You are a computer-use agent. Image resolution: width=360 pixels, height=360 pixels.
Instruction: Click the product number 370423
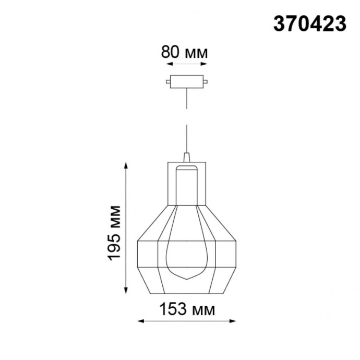point(309,23)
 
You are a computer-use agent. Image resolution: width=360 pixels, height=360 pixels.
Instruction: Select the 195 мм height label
point(115,233)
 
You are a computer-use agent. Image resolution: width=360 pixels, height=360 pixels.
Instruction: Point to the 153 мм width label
point(187,309)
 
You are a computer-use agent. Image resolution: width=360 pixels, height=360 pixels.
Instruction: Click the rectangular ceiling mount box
point(186,81)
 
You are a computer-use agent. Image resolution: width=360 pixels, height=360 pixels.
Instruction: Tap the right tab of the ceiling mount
point(207,81)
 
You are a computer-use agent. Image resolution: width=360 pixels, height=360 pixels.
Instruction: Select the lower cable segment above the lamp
point(187,138)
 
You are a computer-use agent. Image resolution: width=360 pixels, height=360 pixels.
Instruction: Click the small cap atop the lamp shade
point(187,157)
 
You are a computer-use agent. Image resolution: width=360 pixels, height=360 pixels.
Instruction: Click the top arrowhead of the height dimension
point(125,165)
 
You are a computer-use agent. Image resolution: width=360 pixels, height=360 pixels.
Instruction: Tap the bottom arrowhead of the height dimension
point(125,292)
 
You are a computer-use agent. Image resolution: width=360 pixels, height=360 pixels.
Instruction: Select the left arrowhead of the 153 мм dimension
point(140,322)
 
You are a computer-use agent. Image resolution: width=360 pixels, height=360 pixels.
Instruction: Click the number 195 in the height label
point(115,246)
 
